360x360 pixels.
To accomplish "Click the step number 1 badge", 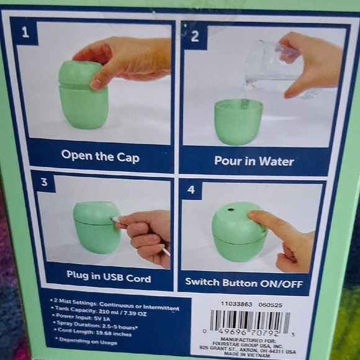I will (25, 32).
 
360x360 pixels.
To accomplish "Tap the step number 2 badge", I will (195, 36).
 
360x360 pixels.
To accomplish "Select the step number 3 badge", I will (43, 182).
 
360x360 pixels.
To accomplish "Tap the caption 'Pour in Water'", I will (254, 161).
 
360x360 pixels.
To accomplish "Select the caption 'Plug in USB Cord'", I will (108, 278).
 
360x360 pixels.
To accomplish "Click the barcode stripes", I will (249, 321).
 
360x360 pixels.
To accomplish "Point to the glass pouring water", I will (273, 68).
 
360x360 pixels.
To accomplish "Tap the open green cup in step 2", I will (238, 121).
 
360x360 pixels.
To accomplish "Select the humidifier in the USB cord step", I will (96, 227).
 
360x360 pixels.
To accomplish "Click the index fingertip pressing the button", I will (254, 217).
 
